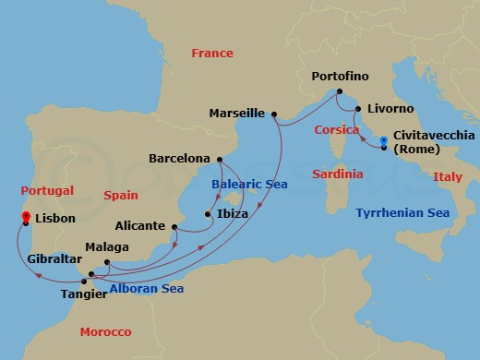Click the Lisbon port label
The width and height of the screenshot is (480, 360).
pos(54,221)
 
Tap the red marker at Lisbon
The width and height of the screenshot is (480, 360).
pos(26,216)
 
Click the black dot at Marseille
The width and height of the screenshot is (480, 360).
pos(274,114)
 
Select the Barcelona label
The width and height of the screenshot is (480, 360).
pos(179,158)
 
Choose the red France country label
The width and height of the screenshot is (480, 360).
pos(212,54)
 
